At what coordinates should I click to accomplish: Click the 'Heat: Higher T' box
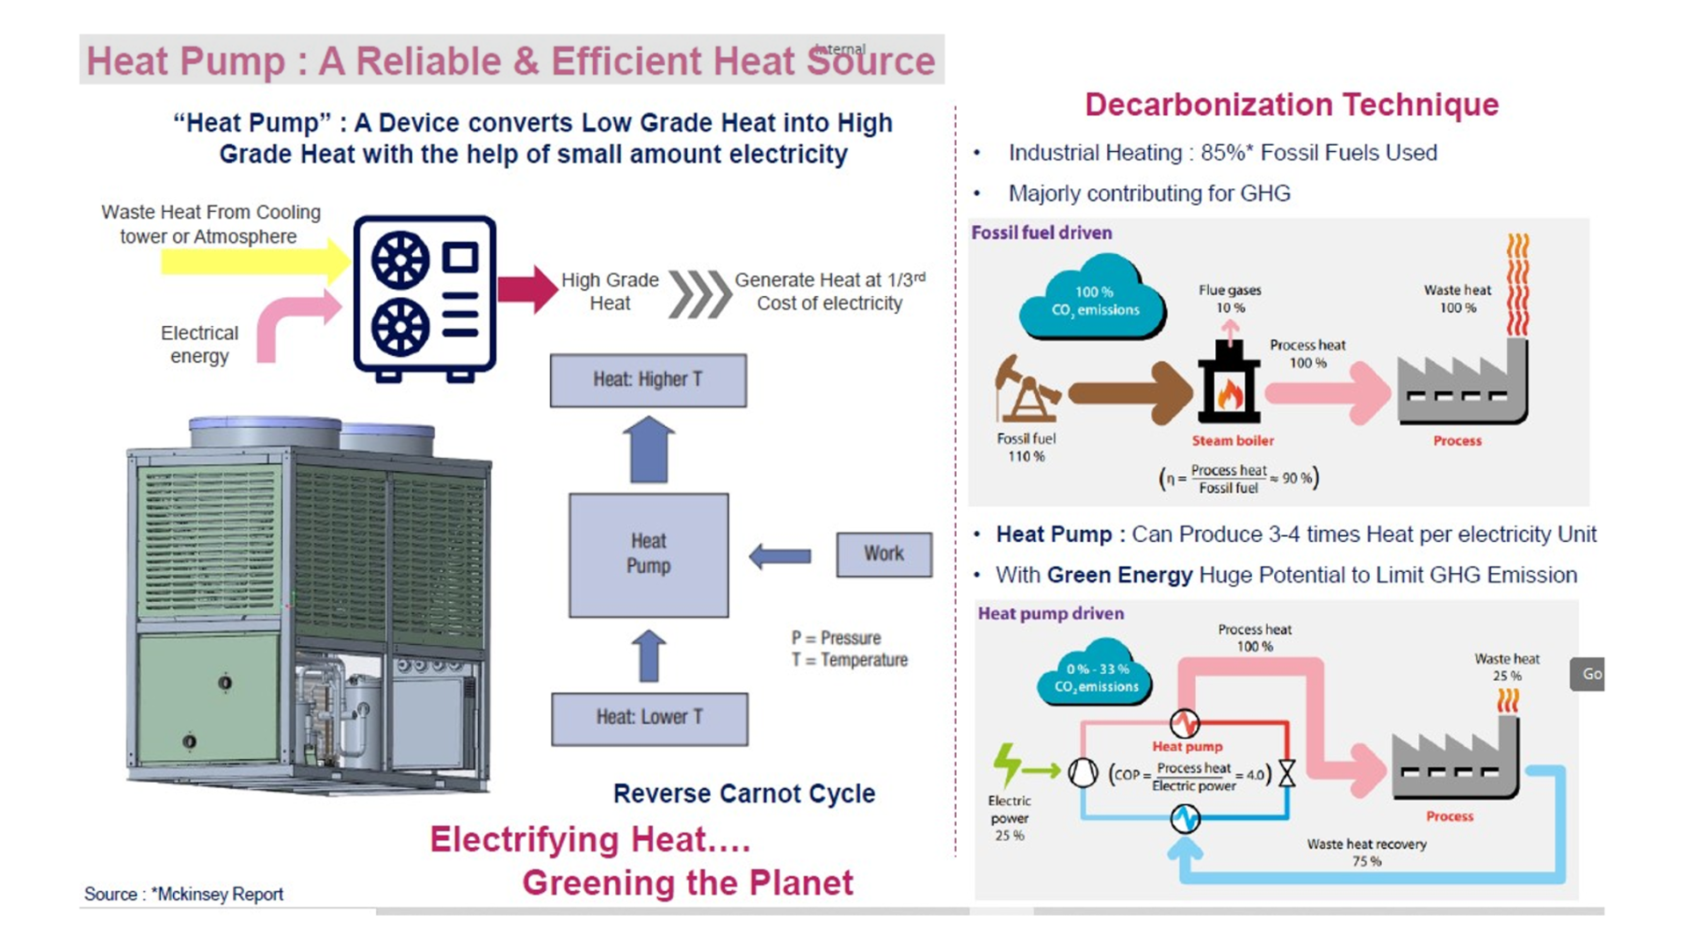tap(648, 380)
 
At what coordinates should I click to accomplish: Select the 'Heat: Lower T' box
tap(649, 718)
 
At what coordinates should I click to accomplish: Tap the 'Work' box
tap(884, 554)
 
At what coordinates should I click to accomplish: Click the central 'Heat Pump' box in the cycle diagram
tap(648, 554)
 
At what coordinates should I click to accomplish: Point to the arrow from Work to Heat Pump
tap(780, 555)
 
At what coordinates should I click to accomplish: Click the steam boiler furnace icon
tap(1229, 384)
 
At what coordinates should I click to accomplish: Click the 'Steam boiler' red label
tap(1232, 441)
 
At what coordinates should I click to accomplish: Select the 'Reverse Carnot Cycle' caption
tap(744, 793)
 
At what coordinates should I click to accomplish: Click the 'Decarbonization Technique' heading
tap(1292, 105)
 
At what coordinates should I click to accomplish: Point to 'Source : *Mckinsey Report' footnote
tap(184, 895)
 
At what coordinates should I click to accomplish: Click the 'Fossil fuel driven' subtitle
tap(1041, 233)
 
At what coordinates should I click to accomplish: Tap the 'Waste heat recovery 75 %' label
tap(1366, 852)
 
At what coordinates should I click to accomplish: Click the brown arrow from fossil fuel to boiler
tap(1129, 392)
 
